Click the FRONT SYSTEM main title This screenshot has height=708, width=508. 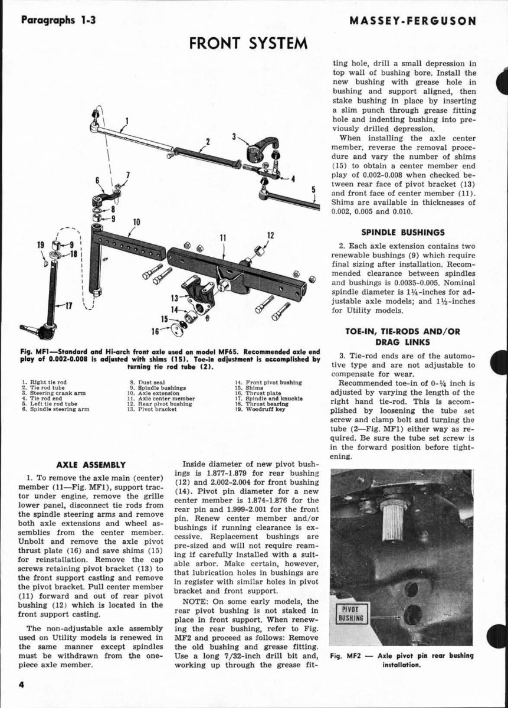[248, 43]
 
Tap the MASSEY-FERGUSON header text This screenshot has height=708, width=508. [413, 21]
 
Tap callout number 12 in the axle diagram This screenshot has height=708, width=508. [270, 236]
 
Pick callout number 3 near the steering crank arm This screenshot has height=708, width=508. [234, 137]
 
